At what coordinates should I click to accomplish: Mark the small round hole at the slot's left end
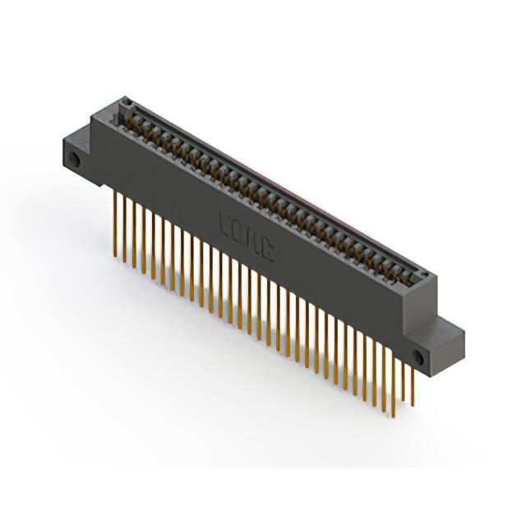(x=127, y=103)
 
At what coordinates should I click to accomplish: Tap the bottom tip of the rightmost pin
(x=413, y=406)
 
